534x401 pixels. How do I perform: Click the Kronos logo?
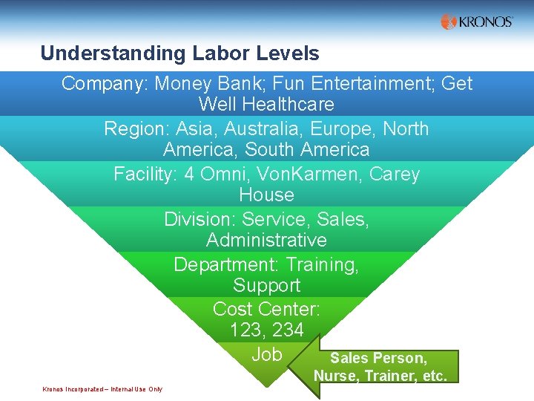click(476, 22)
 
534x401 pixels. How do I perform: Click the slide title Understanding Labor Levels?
click(179, 53)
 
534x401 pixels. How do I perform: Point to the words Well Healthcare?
click(266, 104)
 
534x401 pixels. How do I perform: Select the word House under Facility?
click(266, 195)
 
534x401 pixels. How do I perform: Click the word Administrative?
click(266, 240)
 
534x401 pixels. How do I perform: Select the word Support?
click(266, 285)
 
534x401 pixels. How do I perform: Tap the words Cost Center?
click(266, 308)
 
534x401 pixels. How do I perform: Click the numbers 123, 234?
click(266, 329)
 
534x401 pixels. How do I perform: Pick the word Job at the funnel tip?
click(266, 354)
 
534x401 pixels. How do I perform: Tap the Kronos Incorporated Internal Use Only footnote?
click(102, 389)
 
